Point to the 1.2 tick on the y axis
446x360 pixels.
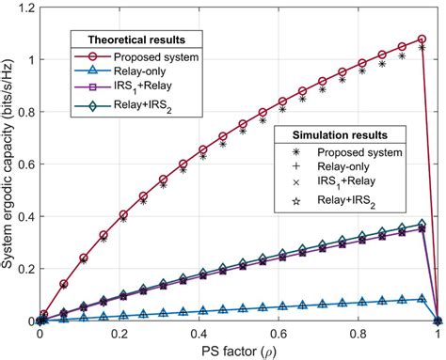coord(25,8)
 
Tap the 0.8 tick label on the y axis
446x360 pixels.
coord(25,112)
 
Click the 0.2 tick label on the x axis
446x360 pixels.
coord(119,333)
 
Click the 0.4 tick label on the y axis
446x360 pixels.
coord(25,216)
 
